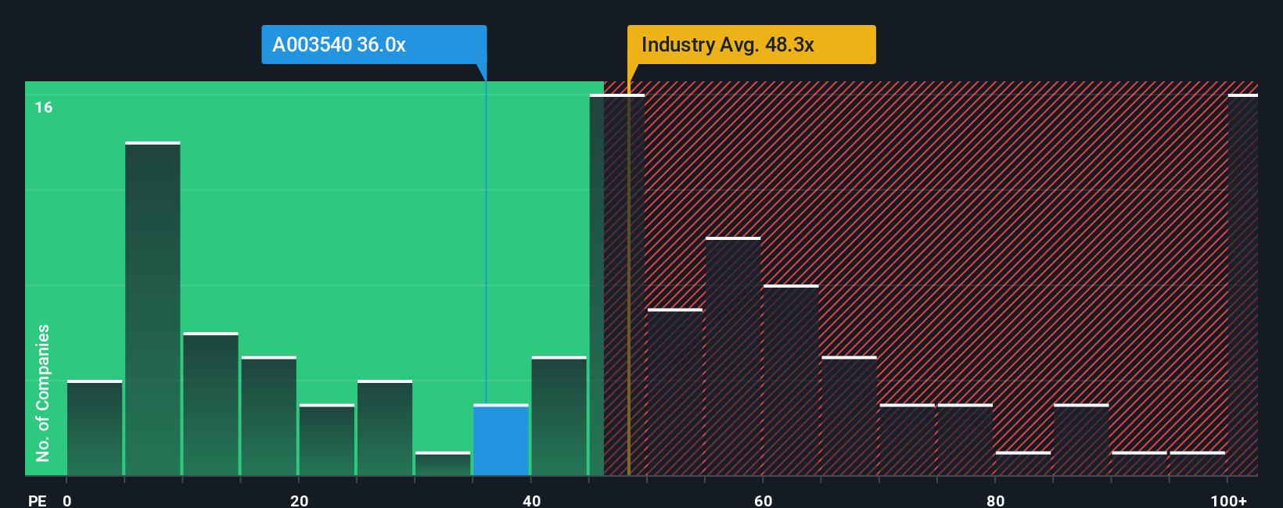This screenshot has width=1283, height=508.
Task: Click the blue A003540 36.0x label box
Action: tap(374, 45)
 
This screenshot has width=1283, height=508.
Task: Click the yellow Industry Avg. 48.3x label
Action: tap(751, 45)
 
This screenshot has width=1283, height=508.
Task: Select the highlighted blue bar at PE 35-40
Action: tap(501, 440)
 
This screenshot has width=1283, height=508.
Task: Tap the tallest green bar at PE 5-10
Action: tap(153, 309)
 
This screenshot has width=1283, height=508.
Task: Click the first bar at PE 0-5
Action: tap(95, 428)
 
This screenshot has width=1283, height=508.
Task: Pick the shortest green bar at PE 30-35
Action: tap(443, 463)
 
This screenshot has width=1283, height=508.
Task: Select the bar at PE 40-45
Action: tap(559, 416)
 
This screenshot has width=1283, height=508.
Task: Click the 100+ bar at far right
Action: tap(1242, 285)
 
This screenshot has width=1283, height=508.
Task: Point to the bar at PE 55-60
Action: tap(733, 356)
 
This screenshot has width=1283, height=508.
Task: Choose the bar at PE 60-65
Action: tap(791, 381)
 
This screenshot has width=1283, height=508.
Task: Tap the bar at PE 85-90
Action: tap(1081, 440)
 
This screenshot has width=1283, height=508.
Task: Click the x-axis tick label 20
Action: tap(299, 500)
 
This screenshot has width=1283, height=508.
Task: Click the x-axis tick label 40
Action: tap(531, 500)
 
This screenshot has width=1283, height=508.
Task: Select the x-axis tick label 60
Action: tap(763, 500)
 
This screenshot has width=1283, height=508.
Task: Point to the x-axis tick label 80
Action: tap(995, 500)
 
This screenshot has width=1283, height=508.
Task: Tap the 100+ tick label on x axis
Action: tap(1228, 500)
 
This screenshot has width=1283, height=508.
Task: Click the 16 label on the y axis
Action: tap(44, 107)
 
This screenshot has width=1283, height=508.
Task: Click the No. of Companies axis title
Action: tap(43, 392)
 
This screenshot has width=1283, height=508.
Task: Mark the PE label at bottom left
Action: tap(37, 500)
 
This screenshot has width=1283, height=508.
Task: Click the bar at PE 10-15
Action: tap(210, 404)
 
